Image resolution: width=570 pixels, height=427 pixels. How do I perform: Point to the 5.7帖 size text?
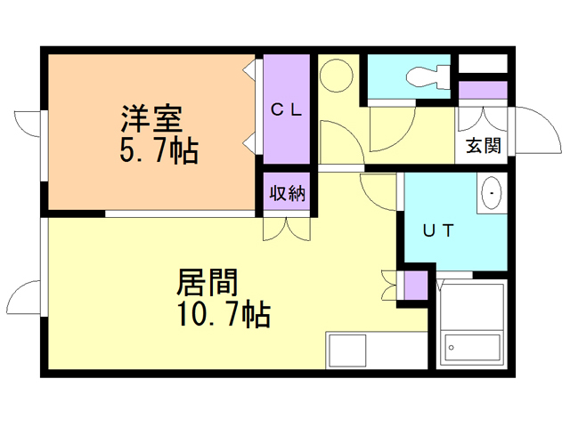pyautogui.click(x=159, y=150)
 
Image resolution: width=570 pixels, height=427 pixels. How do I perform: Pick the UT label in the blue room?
pyautogui.click(x=438, y=231)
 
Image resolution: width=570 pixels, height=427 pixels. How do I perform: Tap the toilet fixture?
pyautogui.click(x=425, y=77)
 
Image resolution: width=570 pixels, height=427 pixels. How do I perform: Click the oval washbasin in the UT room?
pyautogui.click(x=493, y=194)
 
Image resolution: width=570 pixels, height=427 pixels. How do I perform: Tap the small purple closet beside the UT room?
pyautogui.click(x=416, y=285)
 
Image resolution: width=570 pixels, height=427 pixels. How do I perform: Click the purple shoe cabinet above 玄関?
pyautogui.click(x=483, y=90)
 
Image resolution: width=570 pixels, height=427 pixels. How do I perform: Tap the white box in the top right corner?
pyautogui.click(x=483, y=63)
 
